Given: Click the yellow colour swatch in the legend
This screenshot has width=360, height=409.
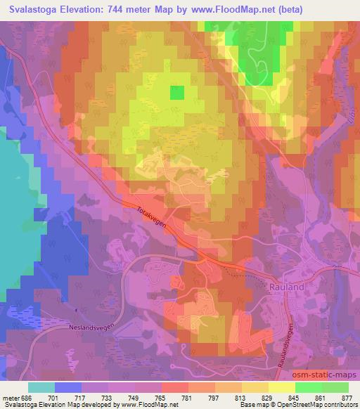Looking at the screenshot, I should (x=281, y=387).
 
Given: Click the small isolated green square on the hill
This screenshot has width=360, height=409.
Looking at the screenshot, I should (x=176, y=92).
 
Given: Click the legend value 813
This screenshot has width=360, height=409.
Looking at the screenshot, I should (x=242, y=396).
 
